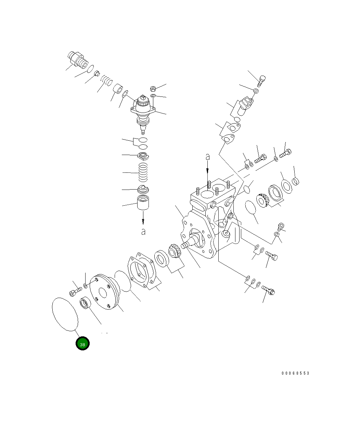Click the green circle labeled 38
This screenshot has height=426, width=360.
[x=82, y=344]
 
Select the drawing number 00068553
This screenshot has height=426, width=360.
[x=295, y=373]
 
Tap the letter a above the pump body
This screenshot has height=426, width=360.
[x=207, y=157]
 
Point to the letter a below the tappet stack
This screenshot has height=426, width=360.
[x=143, y=232]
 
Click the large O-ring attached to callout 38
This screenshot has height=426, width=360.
[x=65, y=314]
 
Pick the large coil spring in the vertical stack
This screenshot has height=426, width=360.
[x=143, y=173]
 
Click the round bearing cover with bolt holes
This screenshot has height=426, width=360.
[x=104, y=292]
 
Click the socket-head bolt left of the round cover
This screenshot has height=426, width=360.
[x=75, y=292]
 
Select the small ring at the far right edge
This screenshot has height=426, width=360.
[x=296, y=181]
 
